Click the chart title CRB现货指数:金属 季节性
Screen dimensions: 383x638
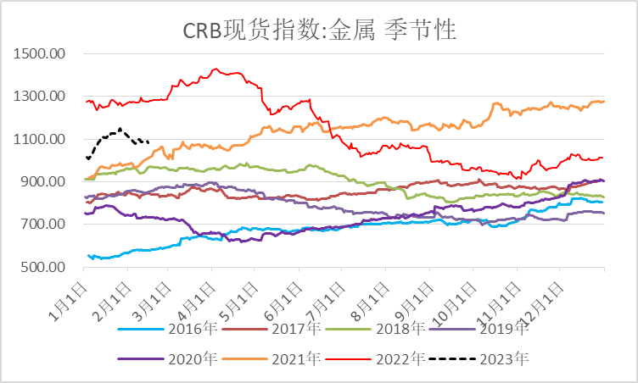pos(320,31)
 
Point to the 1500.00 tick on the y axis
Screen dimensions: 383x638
pos(41,54)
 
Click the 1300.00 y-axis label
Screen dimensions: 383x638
pos(41,97)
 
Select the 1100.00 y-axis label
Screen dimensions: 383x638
pos(41,139)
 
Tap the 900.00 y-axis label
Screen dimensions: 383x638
pos(44,182)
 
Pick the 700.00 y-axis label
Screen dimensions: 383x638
pos(44,225)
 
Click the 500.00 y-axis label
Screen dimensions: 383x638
pos(44,267)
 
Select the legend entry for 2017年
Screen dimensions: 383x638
pos(292,329)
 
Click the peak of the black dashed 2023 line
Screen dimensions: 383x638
pos(120,129)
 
